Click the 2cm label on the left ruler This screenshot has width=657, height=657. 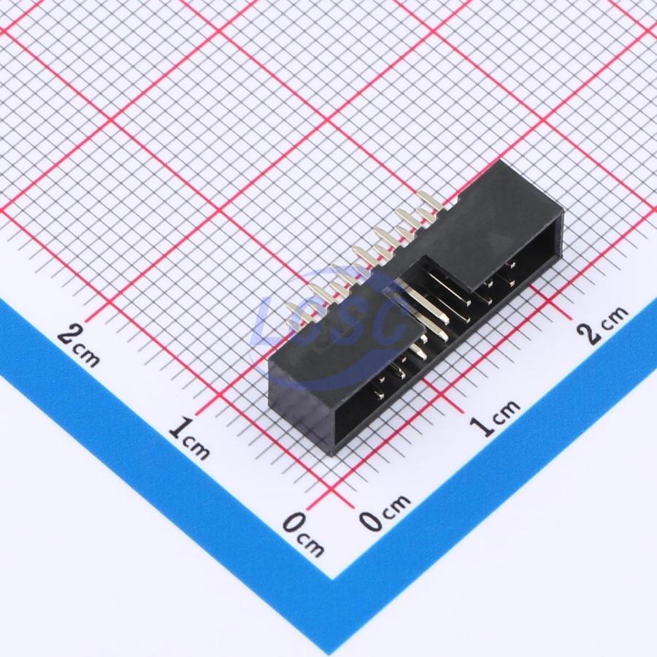(x=78, y=346)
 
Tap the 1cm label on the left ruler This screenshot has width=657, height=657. (x=190, y=437)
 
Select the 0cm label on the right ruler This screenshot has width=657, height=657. (x=385, y=513)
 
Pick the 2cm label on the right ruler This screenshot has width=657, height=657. (x=602, y=324)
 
